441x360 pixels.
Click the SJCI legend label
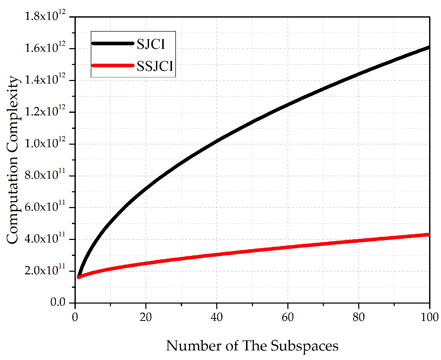(x=151, y=44)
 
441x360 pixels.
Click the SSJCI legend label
(x=155, y=66)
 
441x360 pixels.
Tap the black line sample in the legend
(x=113, y=43)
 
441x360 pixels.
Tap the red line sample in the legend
(x=113, y=65)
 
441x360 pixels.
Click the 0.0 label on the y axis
(x=58, y=302)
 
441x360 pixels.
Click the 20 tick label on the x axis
(x=146, y=317)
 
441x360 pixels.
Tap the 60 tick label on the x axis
(x=288, y=317)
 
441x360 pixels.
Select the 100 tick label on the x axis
(x=429, y=317)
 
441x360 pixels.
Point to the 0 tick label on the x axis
(x=75, y=317)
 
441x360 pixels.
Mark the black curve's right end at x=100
(x=429, y=47)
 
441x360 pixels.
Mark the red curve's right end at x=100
(x=429, y=235)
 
